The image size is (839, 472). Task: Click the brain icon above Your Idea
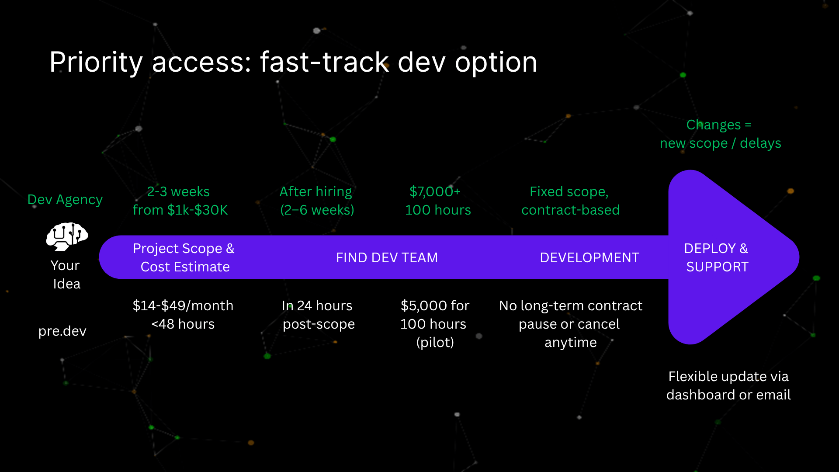(67, 236)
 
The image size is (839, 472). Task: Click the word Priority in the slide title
(96, 62)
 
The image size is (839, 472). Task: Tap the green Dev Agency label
(65, 200)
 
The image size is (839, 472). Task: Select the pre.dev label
(62, 331)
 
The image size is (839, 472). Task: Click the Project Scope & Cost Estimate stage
(184, 257)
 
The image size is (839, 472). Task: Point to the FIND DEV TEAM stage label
(387, 258)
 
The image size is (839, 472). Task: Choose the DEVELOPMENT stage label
(589, 258)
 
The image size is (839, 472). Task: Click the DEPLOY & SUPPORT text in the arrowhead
(717, 257)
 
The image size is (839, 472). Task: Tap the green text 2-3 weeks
(178, 192)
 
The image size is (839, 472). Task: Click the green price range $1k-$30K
(198, 210)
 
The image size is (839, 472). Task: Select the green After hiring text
(315, 192)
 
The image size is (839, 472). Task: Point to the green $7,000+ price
(435, 192)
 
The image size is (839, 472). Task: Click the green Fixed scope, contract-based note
(570, 201)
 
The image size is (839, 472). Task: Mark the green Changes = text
(719, 125)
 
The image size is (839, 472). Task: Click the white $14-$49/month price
(183, 306)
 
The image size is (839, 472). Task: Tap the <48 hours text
(183, 324)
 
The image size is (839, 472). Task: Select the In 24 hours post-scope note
(318, 315)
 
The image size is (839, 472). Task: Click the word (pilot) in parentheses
(435, 343)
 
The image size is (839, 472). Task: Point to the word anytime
(570, 343)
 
